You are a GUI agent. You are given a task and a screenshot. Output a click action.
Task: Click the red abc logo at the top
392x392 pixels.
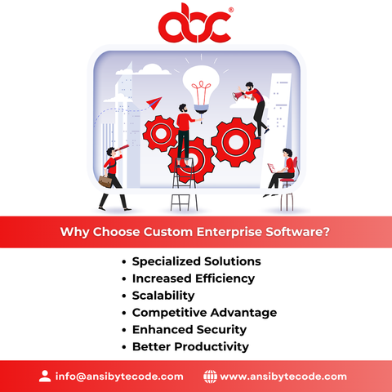coord(195,23)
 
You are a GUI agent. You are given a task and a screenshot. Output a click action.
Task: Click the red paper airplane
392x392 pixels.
coord(154,103)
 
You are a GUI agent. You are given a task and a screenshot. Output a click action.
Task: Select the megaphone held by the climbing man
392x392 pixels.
coord(238,96)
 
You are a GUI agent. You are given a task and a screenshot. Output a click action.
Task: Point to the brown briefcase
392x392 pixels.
coord(105,181)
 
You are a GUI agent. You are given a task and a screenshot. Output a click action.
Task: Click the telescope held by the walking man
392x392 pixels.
coord(122,149)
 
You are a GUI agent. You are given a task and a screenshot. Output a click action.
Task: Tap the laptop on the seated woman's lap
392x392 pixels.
coord(272,168)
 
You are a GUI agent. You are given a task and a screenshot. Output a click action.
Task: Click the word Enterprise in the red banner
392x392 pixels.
coord(229,232)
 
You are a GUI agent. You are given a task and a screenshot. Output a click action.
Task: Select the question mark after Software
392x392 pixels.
coord(327,232)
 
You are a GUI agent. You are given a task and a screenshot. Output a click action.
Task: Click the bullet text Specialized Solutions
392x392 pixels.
coord(197,261)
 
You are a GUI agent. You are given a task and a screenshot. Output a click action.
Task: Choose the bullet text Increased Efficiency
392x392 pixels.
coord(194,278)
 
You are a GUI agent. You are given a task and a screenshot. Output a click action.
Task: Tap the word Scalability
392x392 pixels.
coord(163,296)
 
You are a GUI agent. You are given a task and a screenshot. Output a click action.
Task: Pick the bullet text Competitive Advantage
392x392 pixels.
coord(204,313)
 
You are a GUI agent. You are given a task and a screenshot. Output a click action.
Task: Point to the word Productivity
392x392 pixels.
coord(212,347)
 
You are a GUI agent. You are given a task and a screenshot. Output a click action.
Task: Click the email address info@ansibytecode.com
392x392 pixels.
coord(119,376)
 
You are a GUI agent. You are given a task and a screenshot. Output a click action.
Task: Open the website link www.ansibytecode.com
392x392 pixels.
coord(283,376)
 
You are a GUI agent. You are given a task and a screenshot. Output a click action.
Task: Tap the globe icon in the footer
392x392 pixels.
coord(210,376)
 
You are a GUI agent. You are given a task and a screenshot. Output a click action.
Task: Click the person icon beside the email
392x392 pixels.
coord(45,376)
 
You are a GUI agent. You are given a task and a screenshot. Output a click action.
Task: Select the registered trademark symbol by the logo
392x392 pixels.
coord(231,10)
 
